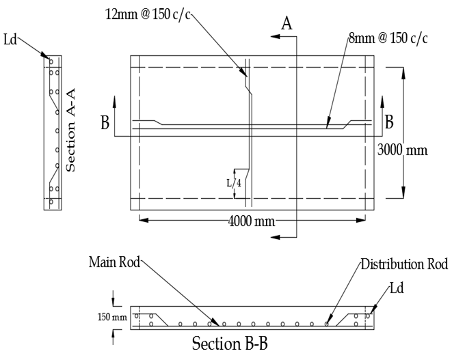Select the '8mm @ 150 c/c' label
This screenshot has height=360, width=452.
[388, 38]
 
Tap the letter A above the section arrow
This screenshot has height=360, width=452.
[288, 23]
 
